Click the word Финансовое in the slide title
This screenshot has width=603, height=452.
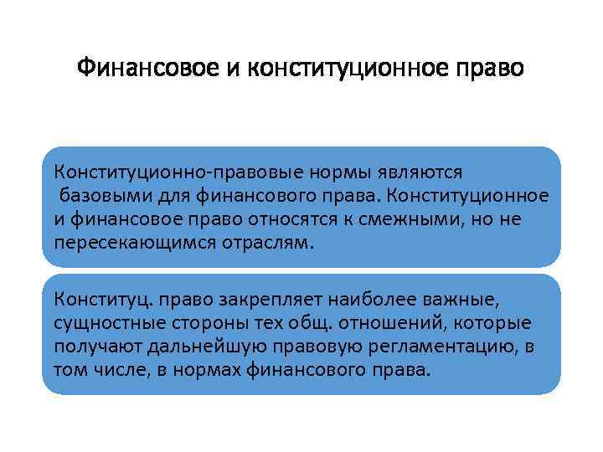(147, 66)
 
